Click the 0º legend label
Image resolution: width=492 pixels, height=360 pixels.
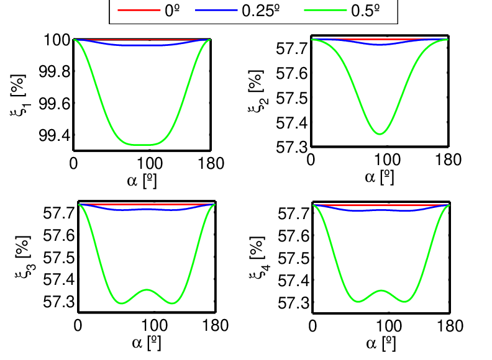point(172,11)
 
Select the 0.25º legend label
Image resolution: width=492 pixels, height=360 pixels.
point(261,11)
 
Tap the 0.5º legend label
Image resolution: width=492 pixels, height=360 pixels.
point(365,11)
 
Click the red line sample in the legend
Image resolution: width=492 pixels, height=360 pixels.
point(139,11)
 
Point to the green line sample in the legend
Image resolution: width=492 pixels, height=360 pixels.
point(326,11)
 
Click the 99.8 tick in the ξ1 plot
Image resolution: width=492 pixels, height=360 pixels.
point(55,72)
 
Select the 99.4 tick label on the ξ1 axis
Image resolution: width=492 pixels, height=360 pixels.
point(55,135)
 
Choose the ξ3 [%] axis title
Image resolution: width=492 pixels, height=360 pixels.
point(24,257)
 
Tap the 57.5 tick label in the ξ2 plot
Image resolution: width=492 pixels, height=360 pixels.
point(292,99)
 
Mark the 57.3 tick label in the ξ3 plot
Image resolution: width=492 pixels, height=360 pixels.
point(59,302)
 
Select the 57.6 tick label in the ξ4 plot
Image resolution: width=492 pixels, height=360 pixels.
point(294,236)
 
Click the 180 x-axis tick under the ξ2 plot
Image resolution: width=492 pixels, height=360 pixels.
point(448,160)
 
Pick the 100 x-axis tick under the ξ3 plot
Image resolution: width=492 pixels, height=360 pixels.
point(154,325)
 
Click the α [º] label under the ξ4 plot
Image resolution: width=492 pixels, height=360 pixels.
point(381,343)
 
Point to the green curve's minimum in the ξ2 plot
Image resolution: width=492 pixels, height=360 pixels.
point(380,134)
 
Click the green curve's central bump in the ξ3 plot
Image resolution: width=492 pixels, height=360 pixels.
point(147,290)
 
